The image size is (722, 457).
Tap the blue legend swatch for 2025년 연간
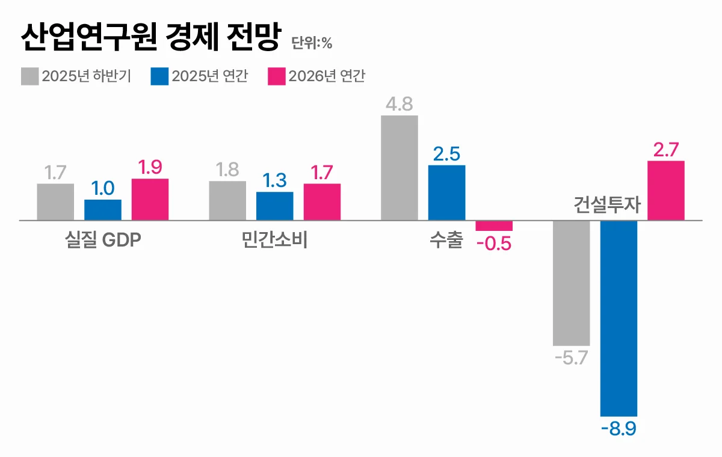[159, 76]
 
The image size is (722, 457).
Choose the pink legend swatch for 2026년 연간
[276, 76]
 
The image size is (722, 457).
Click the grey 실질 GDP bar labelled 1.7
[55, 202]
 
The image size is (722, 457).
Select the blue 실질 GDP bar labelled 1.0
[103, 210]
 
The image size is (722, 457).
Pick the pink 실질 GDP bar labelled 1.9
[150, 200]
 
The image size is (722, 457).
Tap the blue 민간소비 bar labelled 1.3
[275, 206]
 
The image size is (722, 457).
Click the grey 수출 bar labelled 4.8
[400, 168]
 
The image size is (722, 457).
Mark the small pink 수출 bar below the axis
[494, 225]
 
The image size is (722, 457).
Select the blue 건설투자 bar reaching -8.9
[619, 318]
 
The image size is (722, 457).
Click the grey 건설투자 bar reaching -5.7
[572, 283]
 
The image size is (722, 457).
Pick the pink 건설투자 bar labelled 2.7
[666, 191]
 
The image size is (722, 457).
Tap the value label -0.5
[493, 245]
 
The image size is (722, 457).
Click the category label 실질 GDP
[103, 241]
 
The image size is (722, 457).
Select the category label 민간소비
[274, 241]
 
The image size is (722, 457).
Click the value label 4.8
[400, 104]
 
